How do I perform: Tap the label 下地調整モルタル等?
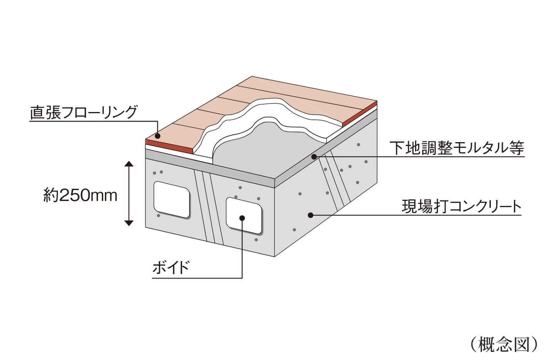456,148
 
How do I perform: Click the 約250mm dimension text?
80,196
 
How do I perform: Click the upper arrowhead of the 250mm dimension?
129,165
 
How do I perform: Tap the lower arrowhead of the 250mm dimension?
129,222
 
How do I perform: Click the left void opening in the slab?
171,199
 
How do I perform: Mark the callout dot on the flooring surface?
158,136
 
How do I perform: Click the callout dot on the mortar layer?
314,157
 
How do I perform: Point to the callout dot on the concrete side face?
310,215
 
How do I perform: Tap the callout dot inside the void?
242,218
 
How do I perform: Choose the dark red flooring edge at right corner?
359,114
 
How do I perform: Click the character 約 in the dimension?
50,196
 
